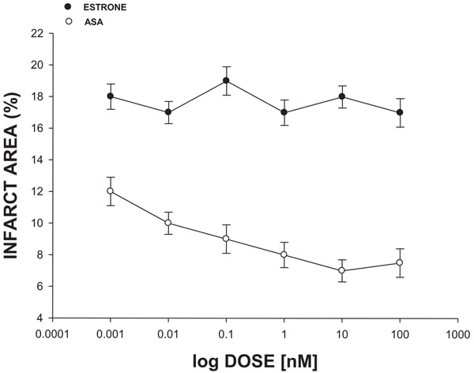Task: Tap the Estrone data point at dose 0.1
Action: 226,81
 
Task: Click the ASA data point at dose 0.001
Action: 111,191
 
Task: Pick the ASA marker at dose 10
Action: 341,270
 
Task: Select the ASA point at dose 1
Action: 284,254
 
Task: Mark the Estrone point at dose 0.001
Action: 111,96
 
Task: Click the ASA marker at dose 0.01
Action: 168,223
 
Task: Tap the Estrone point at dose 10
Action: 341,96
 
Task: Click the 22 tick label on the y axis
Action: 36,34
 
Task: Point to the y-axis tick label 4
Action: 39,318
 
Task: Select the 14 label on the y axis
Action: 36,160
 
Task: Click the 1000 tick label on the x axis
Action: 457,333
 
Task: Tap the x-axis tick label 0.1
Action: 226,333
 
